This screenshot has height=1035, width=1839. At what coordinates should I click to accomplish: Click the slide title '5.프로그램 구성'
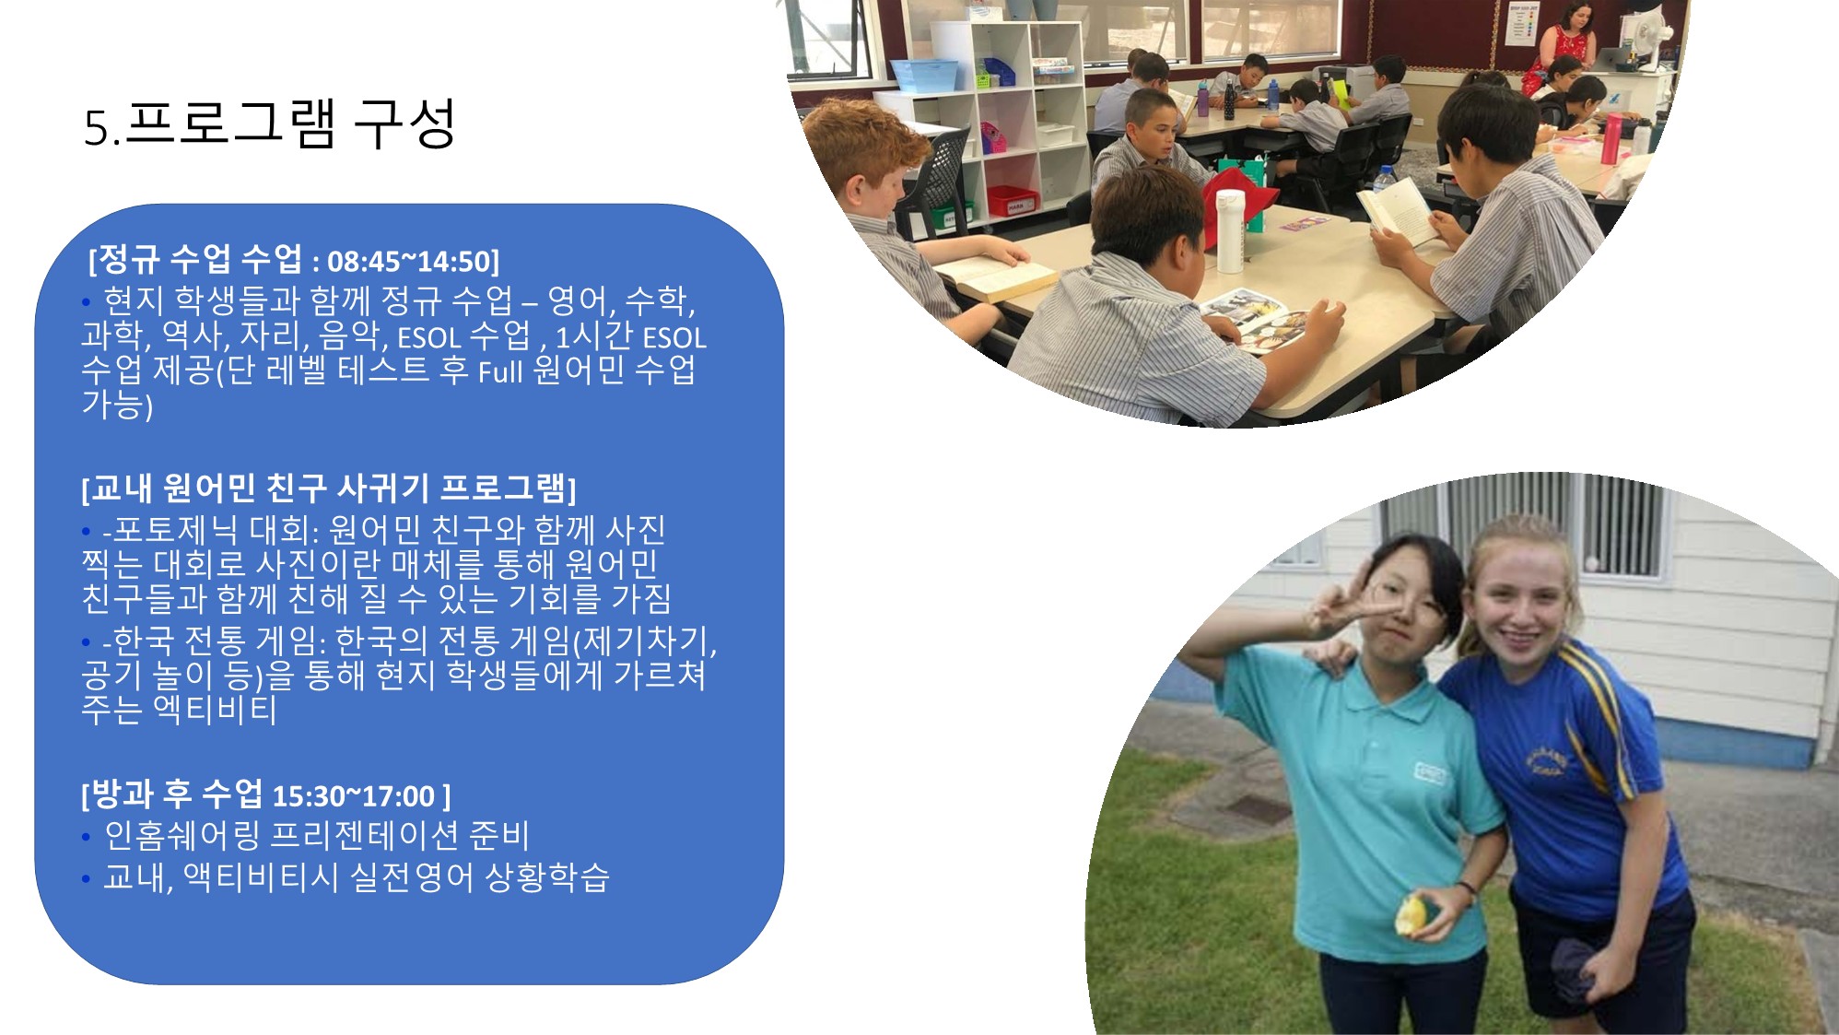click(270, 124)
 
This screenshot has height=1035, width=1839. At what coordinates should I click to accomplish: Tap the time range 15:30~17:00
click(353, 796)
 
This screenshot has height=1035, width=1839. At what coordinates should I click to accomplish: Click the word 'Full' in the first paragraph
click(500, 371)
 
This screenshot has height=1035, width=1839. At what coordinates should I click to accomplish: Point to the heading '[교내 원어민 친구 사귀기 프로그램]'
click(329, 488)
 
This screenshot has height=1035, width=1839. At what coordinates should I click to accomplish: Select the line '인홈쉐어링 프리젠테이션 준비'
click(317, 835)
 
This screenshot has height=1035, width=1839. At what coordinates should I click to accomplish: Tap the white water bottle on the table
click(1230, 230)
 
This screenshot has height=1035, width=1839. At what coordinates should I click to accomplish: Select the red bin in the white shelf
click(1012, 201)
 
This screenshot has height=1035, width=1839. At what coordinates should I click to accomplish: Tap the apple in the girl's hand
click(1413, 915)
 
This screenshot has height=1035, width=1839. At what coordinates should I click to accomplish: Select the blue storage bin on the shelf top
click(924, 76)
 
